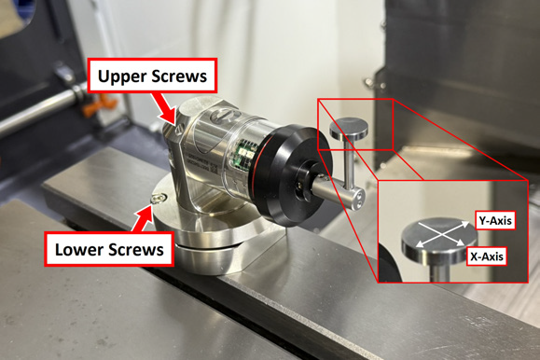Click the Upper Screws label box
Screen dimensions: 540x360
152,76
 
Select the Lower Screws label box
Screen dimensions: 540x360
109,249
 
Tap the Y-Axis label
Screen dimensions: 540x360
495,220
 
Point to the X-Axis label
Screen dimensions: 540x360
487,256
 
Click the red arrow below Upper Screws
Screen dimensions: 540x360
168,109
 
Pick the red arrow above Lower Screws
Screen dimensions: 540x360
141,219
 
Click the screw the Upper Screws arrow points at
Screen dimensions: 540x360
179,131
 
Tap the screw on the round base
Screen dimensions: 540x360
158,198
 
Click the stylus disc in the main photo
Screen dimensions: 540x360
349,129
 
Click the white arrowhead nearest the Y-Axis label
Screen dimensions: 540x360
464,224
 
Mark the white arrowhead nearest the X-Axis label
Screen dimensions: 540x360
461,243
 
